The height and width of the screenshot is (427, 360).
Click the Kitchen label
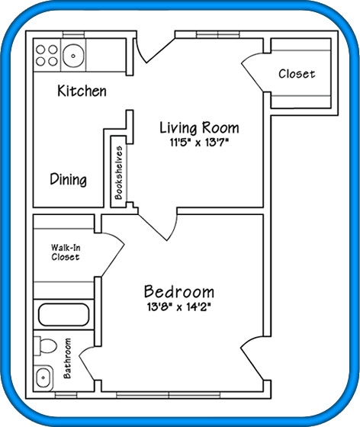click(82, 91)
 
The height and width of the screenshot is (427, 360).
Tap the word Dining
click(69, 179)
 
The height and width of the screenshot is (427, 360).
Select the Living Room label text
click(199, 128)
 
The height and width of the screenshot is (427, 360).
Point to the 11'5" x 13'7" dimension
click(199, 143)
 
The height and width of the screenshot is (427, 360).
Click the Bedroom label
click(179, 291)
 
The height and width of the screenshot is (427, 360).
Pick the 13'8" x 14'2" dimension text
click(179, 307)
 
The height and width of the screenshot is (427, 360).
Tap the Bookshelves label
click(119, 172)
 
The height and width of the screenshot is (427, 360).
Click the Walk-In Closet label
click(66, 252)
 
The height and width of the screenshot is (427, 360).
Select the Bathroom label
click(67, 358)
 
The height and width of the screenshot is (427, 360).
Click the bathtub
click(64, 314)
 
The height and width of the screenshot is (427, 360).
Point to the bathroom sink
click(43, 377)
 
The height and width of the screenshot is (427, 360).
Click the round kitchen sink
click(73, 56)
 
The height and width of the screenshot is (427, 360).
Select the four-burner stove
click(47, 55)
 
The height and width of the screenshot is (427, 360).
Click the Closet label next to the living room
click(297, 74)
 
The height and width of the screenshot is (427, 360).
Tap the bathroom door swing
click(87, 364)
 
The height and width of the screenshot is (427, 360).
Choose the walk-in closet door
click(113, 255)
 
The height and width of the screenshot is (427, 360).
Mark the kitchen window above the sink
click(73, 34)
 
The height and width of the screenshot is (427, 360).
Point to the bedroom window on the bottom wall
click(168, 395)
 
